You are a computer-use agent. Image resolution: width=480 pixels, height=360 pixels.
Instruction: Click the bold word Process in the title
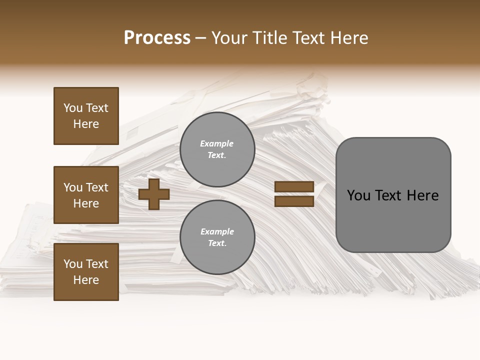tap(157, 38)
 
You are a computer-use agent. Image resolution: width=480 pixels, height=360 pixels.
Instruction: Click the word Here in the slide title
tap(348, 38)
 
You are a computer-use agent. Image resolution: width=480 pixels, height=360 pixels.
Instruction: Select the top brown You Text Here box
tap(86, 116)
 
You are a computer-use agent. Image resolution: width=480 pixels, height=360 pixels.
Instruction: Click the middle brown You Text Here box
tap(86, 195)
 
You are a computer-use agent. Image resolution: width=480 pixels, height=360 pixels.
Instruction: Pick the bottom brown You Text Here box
tap(86, 272)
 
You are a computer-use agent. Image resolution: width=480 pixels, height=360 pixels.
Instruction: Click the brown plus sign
tap(153, 194)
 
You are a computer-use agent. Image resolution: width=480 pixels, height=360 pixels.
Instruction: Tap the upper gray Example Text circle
tap(217, 149)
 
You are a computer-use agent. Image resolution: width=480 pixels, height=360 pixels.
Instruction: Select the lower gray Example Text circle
tap(217, 237)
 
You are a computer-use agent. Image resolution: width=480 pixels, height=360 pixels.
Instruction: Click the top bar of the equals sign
tap(294, 187)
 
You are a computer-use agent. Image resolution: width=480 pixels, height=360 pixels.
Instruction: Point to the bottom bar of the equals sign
tap(294, 201)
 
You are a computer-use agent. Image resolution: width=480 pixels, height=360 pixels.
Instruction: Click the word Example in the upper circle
tap(217, 143)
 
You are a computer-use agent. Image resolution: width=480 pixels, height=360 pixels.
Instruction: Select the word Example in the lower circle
tap(217, 231)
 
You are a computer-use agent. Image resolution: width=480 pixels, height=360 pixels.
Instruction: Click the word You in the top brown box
tap(73, 108)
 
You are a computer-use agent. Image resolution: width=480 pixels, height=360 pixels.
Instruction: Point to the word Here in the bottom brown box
tap(86, 280)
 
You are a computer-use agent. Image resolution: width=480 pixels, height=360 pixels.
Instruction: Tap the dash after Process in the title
tap(200, 38)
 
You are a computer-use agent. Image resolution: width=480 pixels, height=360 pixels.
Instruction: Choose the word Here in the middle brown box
tap(86, 203)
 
